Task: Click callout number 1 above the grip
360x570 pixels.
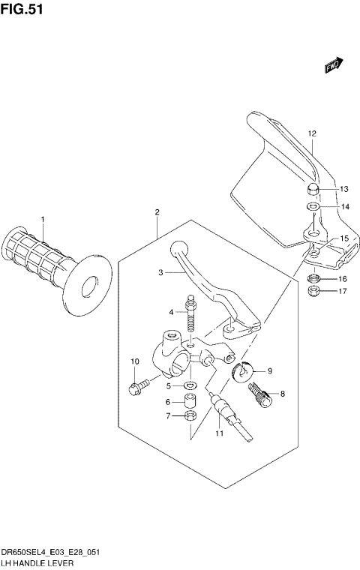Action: (x=43, y=219)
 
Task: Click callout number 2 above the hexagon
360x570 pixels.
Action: (x=157, y=213)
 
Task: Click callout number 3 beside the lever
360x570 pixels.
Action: (x=160, y=274)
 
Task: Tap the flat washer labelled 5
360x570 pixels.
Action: (x=191, y=385)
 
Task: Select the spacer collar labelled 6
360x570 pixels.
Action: (x=190, y=401)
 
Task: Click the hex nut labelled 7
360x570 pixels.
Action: (x=190, y=416)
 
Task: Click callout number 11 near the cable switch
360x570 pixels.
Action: (x=218, y=433)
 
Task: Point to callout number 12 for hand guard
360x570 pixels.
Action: (x=311, y=133)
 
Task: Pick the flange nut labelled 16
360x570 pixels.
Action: (x=315, y=279)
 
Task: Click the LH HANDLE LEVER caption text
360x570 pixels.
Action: (x=37, y=562)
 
